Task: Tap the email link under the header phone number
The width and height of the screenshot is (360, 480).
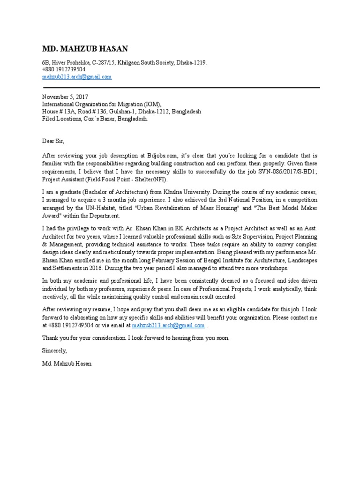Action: [x=77, y=76]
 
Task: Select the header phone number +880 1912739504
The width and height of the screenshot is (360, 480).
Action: [x=64, y=69]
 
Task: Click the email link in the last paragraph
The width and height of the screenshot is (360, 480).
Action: [x=168, y=325]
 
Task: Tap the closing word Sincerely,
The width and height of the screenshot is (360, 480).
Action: [x=55, y=350]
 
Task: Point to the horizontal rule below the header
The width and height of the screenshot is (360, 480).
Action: [x=181, y=88]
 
